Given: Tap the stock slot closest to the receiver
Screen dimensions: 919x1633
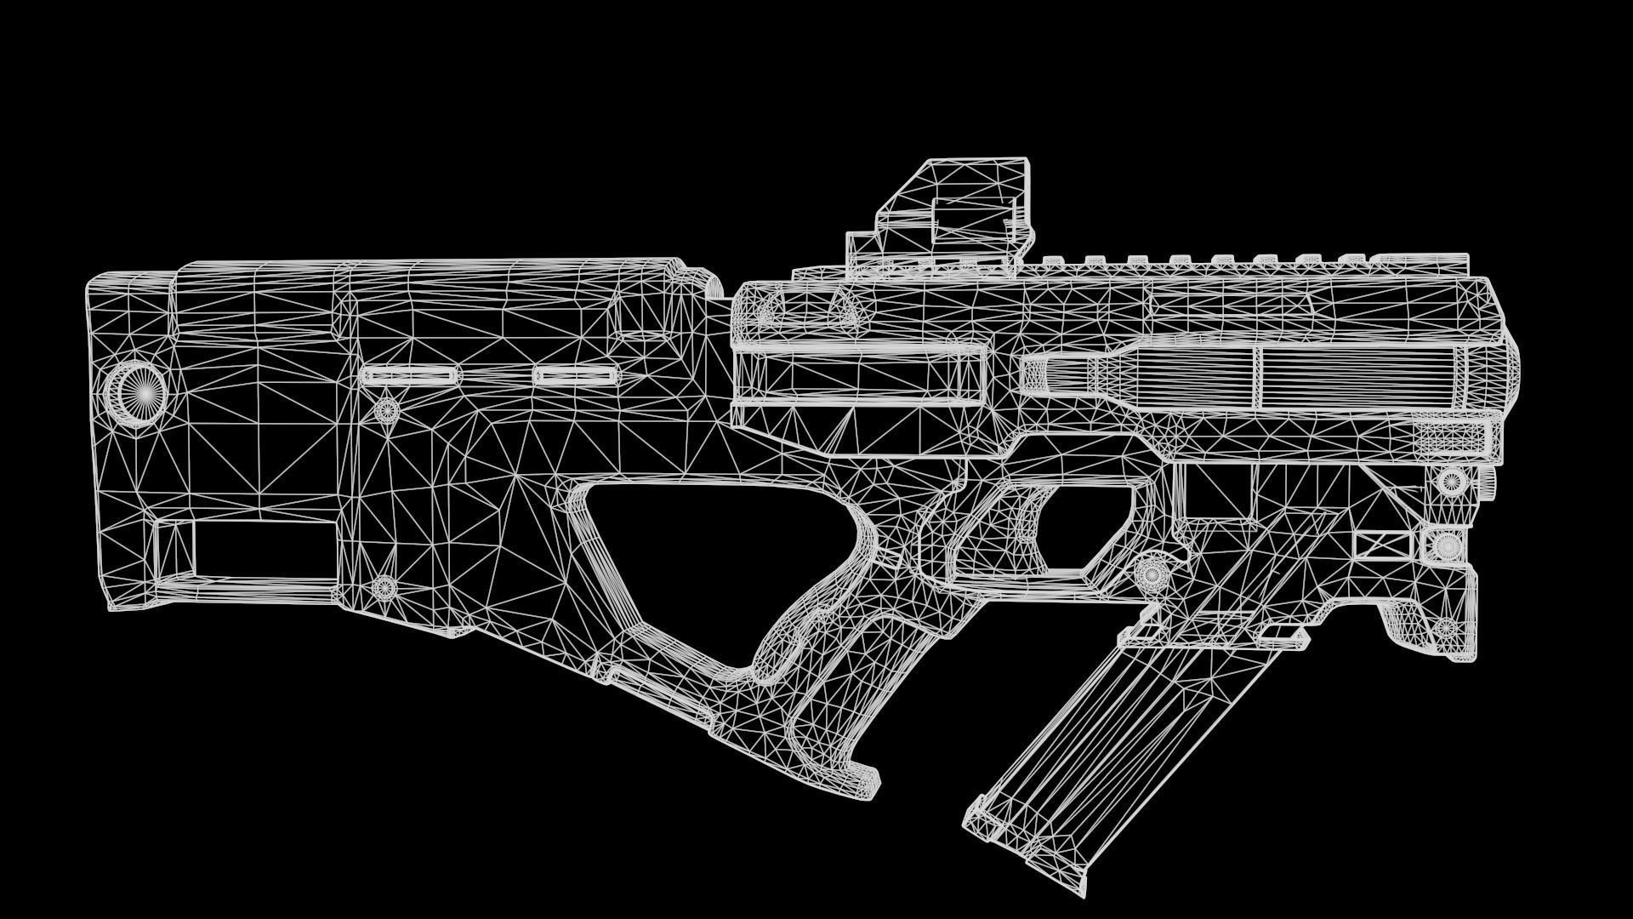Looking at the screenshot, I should coord(576,374).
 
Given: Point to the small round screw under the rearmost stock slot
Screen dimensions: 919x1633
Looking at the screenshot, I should coord(387,410).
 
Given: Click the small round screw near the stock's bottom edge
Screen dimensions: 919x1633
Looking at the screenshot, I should coord(384,585).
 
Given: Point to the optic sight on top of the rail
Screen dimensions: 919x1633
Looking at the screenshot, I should coord(944,217).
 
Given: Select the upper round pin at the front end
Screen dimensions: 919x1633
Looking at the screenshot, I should coord(1451,481).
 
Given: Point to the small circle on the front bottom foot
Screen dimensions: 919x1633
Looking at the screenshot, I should coord(1445,628).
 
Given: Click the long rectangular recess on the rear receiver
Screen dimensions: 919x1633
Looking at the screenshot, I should coord(859,374).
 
